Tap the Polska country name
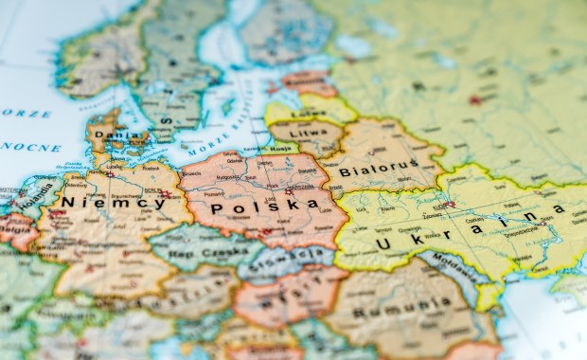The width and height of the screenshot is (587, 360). (x=251, y=207)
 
